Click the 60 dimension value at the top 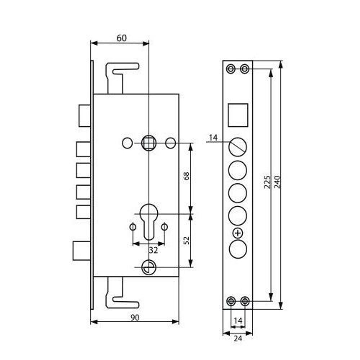point(121,38)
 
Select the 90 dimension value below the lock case point(134,317)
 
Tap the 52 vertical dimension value point(186,240)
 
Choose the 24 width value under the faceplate point(238,338)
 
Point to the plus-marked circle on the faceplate point(238,233)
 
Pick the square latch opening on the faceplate point(238,115)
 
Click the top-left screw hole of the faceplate point(231,68)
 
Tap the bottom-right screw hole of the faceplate point(245,301)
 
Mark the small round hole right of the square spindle point(170,143)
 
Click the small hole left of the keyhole point(132,227)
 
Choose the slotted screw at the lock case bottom point(148,267)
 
